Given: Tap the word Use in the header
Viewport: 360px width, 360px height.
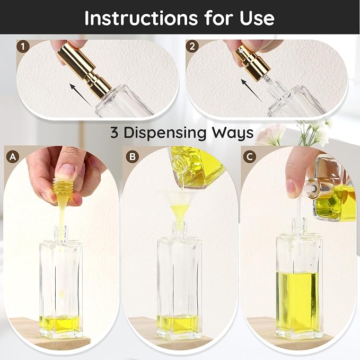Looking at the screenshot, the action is (x=257, y=18).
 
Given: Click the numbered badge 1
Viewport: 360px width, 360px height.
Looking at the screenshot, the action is (x=23, y=47).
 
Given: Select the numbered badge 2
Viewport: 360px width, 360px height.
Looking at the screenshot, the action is (x=192, y=47).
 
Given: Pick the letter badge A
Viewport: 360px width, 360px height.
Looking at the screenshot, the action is (x=13, y=157).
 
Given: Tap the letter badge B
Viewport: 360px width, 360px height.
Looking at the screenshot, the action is (x=133, y=157).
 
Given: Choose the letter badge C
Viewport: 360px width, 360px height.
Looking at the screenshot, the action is (x=249, y=157).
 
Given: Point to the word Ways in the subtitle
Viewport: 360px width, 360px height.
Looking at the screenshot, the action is (x=232, y=133).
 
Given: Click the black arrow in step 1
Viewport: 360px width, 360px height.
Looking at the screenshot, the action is (x=81, y=94).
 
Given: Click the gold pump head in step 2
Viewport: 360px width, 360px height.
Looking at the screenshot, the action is (x=252, y=62).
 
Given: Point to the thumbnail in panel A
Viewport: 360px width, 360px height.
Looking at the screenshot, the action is (x=67, y=170).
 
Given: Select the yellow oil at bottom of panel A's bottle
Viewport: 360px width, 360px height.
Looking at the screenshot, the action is (x=60, y=324).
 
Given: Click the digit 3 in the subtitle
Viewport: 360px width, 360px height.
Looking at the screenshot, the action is (x=115, y=133).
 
